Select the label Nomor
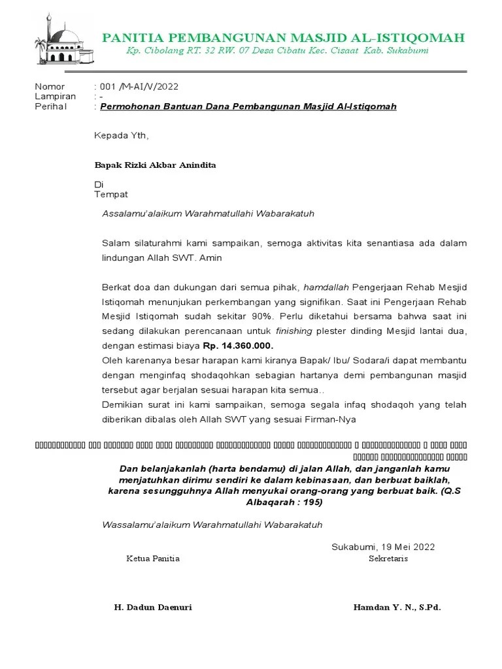point(50,86)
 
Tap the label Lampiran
point(55,96)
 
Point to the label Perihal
point(50,106)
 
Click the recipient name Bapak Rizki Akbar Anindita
point(156,165)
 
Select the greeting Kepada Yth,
point(122,136)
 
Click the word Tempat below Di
point(111,194)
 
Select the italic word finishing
point(294,331)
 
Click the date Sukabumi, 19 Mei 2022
point(383,547)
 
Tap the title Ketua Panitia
point(152,559)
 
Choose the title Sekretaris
point(388,559)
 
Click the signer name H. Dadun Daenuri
point(153,607)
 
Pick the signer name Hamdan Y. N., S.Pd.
point(397,607)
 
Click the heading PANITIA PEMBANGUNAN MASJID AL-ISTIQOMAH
point(283,38)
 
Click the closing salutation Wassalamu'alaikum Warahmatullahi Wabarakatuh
point(212,525)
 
